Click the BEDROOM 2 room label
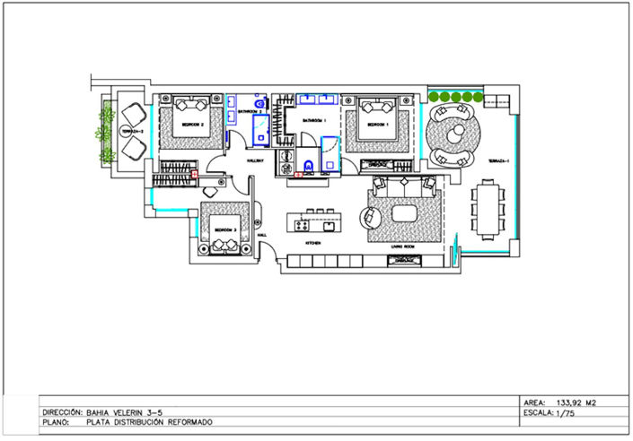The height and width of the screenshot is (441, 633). [194, 125]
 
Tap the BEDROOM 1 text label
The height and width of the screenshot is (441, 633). [374, 125]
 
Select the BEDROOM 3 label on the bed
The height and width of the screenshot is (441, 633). [224, 230]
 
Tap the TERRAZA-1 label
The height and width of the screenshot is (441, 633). [498, 160]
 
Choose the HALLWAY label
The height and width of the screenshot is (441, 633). [253, 160]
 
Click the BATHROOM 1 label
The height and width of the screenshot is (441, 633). [313, 119]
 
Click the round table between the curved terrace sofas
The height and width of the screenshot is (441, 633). [454, 134]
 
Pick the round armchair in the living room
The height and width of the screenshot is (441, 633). [370, 218]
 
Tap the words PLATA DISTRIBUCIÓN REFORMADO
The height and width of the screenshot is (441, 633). [150, 421]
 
